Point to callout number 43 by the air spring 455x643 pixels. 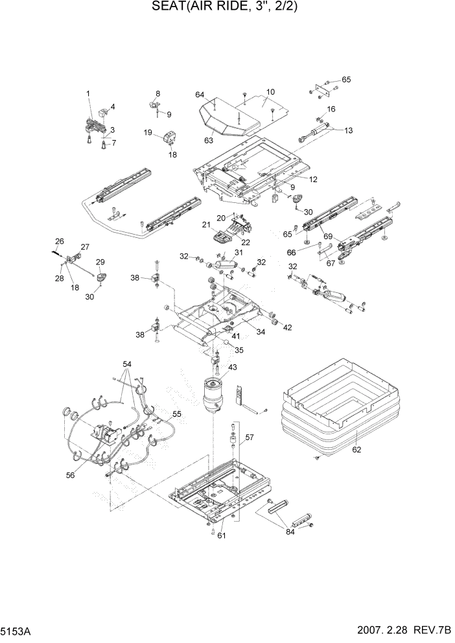(x=231, y=368)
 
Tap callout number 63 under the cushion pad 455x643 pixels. (x=209, y=139)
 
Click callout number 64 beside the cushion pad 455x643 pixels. (x=200, y=95)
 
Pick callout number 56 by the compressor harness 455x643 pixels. (x=70, y=474)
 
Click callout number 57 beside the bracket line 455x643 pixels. (x=248, y=438)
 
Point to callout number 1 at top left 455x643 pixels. (x=88, y=93)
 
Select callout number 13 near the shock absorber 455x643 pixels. (x=348, y=130)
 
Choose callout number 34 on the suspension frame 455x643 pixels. (x=261, y=333)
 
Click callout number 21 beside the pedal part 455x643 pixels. (x=207, y=225)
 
